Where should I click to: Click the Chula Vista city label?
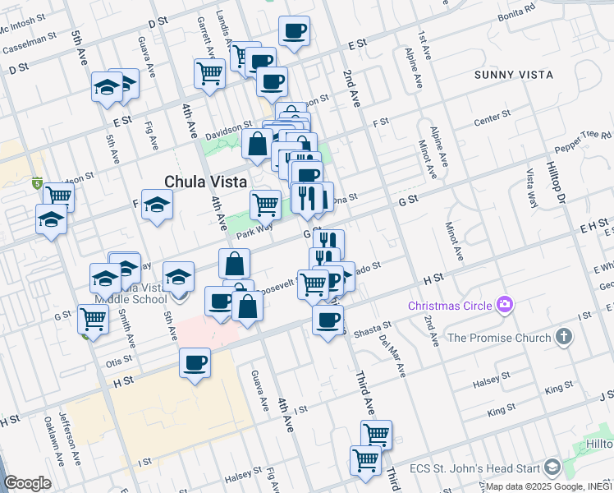coord(206,182)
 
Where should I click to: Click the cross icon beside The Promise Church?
coord(563,337)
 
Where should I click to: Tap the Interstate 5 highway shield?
coord(36,182)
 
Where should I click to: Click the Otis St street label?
coord(119,361)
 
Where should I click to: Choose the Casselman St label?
coord(28,48)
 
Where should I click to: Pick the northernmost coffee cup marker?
coord(294,31)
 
